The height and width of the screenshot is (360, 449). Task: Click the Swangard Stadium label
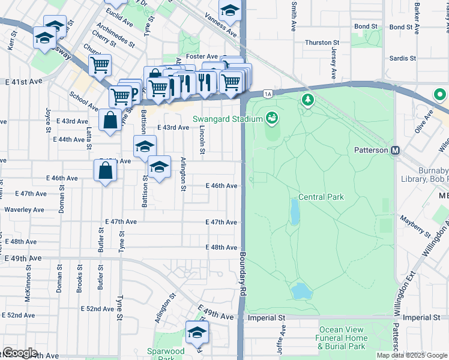pos(228,119)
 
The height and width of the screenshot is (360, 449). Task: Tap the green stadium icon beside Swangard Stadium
pos(272,118)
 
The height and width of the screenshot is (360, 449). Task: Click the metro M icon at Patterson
pos(396,150)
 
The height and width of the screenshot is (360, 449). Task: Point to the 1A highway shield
pos(268,94)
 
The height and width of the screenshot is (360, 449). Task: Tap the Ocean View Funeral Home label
pos(342,338)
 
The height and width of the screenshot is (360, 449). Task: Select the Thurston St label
pos(322,43)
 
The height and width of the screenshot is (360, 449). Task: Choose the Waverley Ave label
pos(24,210)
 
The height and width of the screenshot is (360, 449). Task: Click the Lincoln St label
pos(202,142)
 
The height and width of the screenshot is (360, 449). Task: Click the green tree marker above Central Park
pos(308,98)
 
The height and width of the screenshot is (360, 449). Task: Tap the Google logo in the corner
pos(19,353)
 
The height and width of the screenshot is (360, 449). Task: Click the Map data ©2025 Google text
pos(412,355)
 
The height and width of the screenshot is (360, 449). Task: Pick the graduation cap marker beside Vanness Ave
pos(229,10)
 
